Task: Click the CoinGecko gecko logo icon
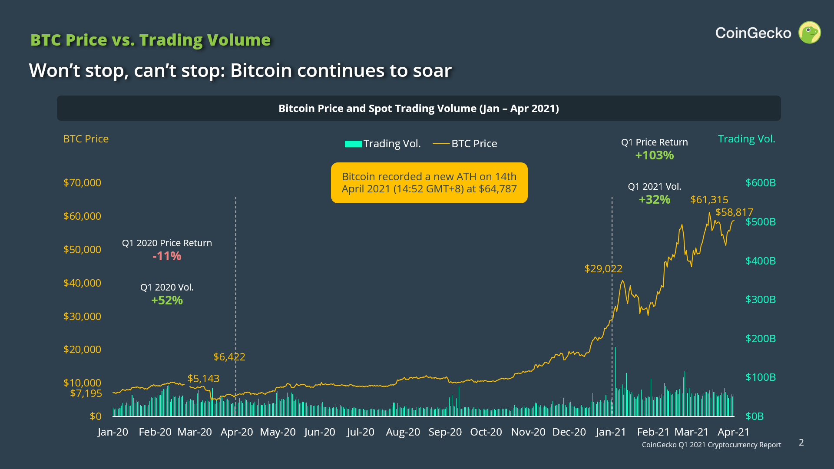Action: point(810,33)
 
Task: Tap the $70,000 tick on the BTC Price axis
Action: point(82,183)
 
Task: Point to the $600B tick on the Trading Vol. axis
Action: point(760,183)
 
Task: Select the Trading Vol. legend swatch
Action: point(353,144)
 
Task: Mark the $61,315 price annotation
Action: point(709,200)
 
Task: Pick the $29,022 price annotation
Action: point(603,269)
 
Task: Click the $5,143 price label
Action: point(203,379)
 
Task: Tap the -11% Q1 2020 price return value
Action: point(167,256)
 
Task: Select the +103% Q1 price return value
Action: point(654,155)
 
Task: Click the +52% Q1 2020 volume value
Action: point(167,301)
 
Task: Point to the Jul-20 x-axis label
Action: point(361,432)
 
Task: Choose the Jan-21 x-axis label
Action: point(611,432)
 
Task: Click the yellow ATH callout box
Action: point(429,183)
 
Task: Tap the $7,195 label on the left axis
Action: point(86,393)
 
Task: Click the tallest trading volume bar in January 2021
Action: point(615,382)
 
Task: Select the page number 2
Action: point(801,443)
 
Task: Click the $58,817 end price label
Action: point(734,212)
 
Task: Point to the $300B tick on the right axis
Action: point(760,300)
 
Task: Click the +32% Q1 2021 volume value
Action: point(654,200)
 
